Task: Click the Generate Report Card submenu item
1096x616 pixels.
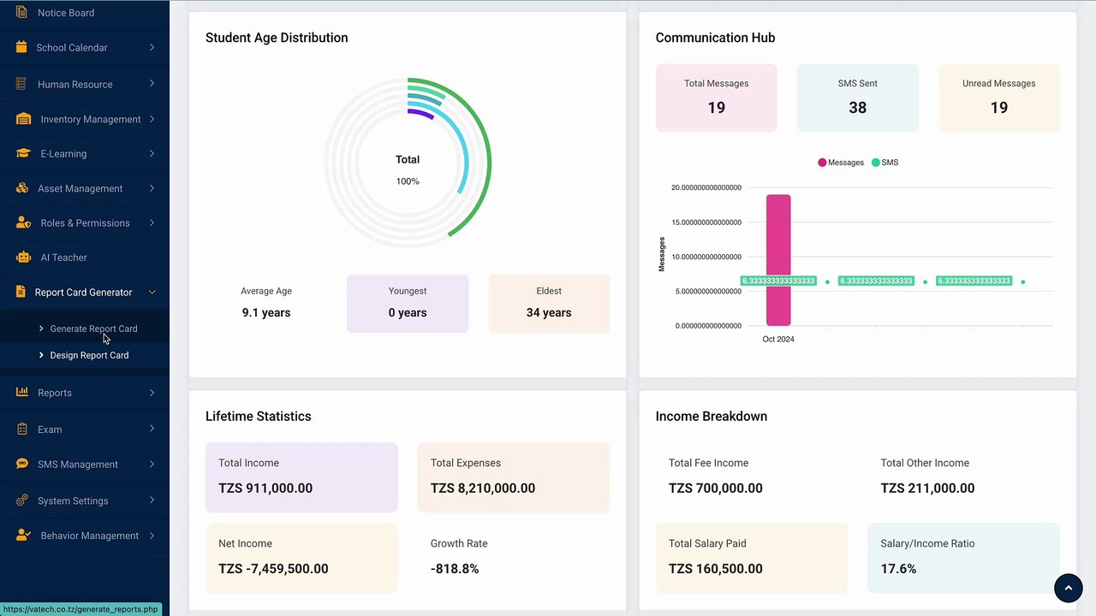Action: tap(93, 329)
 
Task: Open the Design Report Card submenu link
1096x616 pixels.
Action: tap(89, 355)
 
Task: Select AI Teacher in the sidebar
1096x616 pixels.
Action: tap(63, 258)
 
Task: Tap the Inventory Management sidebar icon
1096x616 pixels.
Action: tap(23, 119)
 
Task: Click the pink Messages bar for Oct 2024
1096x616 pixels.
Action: tap(778, 260)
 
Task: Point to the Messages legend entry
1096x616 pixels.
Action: tap(841, 163)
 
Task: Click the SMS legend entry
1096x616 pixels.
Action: tap(885, 163)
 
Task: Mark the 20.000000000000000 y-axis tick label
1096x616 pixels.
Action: tap(706, 187)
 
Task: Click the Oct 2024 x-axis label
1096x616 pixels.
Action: tap(778, 339)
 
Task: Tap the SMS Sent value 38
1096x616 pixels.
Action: tap(857, 108)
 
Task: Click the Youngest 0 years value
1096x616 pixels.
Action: tap(407, 312)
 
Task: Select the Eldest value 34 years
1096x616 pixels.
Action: tap(549, 312)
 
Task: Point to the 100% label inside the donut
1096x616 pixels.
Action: tap(408, 181)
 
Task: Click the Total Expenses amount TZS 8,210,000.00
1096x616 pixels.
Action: tap(482, 488)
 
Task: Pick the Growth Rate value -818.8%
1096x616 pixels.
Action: tap(455, 569)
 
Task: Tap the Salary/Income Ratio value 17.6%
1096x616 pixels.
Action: tap(898, 569)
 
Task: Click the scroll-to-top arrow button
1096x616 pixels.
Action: tap(1068, 588)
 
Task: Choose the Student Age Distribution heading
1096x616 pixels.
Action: tap(277, 38)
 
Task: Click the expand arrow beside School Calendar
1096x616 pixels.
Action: tap(152, 47)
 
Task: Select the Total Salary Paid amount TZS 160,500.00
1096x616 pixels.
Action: tap(715, 569)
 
